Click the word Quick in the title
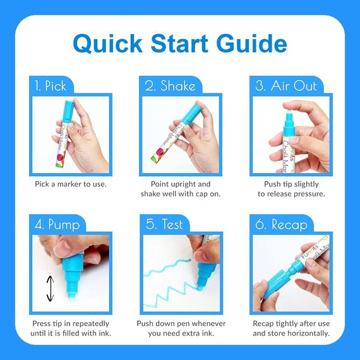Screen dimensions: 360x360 coord(107,44)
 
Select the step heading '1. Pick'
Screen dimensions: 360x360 coord(51,86)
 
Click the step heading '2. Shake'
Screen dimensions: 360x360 coord(170,86)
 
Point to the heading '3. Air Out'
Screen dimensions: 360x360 coord(286,86)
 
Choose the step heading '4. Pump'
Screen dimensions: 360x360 coord(57,225)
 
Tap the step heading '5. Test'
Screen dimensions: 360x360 coord(164,224)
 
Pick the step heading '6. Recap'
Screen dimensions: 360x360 coord(281,225)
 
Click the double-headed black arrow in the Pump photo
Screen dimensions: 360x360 coord(51,289)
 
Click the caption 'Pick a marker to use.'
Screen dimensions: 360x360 coord(71,184)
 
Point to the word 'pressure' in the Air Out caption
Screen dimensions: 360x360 coord(309,194)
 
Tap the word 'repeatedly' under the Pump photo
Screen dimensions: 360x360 coord(91,324)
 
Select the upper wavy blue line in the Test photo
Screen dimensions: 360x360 coord(167,267)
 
